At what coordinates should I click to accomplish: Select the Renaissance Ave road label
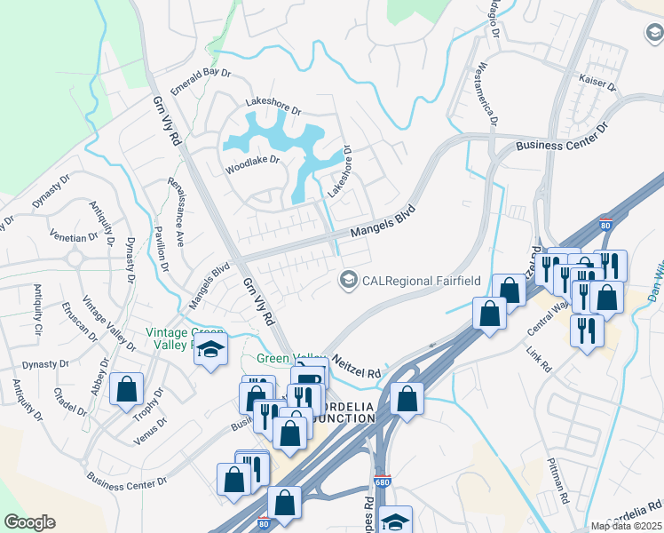coord(176,211)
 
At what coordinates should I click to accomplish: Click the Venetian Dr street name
coord(75,238)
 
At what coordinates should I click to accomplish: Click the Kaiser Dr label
coord(597,82)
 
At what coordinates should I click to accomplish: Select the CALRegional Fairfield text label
coord(421,281)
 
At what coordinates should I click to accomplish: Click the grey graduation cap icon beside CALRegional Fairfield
coord(349,281)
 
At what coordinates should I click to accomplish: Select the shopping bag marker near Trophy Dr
coord(126,388)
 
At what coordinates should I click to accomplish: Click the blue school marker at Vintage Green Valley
coord(211,349)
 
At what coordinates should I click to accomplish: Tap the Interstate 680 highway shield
coord(381,481)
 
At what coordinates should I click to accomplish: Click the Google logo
coord(29,521)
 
